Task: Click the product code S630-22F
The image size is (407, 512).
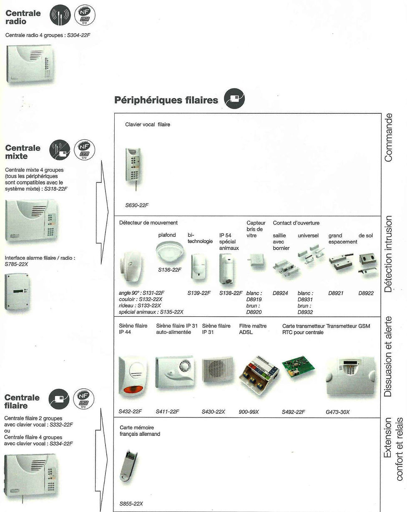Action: tap(137, 205)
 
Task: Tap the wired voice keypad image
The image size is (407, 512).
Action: tap(133, 165)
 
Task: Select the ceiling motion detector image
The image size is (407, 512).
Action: tap(169, 251)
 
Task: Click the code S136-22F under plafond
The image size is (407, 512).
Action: tap(170, 270)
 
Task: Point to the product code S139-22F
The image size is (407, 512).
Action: tap(199, 293)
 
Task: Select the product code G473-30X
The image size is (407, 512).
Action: tap(337, 412)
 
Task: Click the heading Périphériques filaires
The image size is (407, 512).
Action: tap(166, 100)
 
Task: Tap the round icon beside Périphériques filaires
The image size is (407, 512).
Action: tap(234, 99)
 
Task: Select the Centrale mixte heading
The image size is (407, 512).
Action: tap(23, 152)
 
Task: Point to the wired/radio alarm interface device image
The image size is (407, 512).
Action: tap(17, 291)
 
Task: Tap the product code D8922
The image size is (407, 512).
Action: tap(366, 293)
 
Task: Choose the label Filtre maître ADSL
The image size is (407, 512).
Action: tap(253, 329)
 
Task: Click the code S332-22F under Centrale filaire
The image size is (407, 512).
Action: tap(61, 425)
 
